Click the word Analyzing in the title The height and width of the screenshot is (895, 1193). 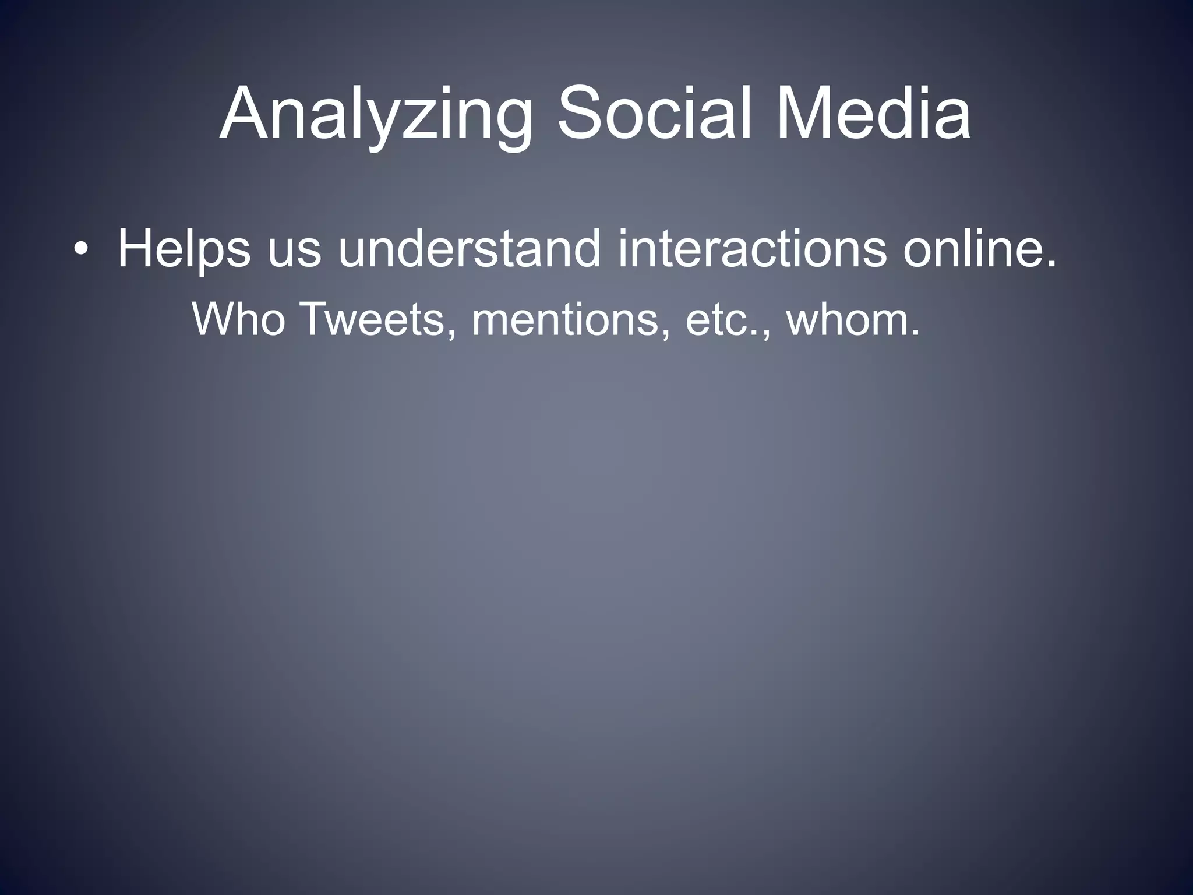(376, 115)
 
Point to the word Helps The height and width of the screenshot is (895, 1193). (184, 249)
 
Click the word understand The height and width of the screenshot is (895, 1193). (469, 249)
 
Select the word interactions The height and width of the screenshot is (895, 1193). (752, 249)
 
